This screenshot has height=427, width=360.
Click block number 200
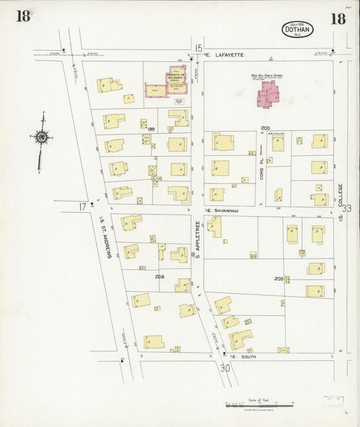(265, 128)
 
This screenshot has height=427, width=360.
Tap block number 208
(159, 276)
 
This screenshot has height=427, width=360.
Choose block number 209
(278, 278)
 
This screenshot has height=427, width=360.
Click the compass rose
(42, 139)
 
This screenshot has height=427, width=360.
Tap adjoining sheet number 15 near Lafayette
(198, 47)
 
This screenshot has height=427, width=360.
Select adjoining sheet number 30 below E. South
(225, 368)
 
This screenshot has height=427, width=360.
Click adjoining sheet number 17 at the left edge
(82, 206)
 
